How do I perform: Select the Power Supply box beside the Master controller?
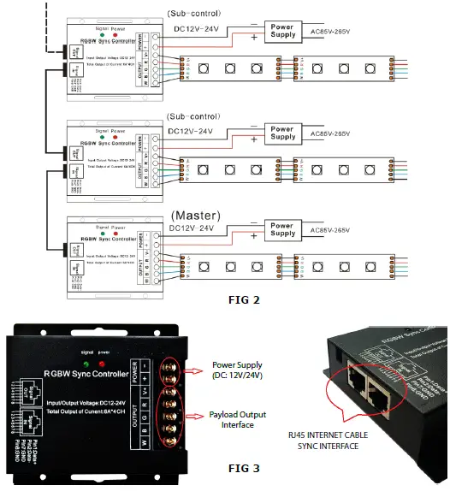click(282, 228)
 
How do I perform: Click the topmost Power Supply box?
click(282, 31)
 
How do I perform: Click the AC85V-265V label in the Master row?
click(330, 229)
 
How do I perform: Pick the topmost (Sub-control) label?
click(197, 13)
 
